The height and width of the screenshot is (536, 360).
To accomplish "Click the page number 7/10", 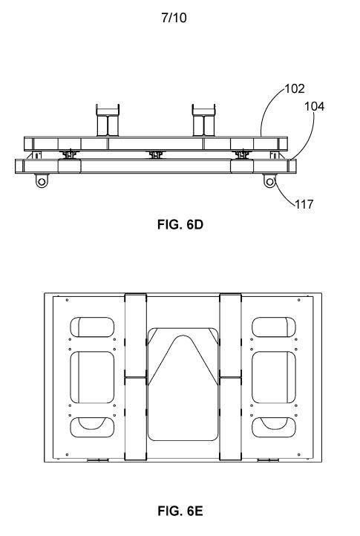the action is [174, 18].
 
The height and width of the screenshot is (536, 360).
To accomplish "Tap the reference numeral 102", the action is [295, 89].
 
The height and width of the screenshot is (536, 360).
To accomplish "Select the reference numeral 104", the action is [315, 107].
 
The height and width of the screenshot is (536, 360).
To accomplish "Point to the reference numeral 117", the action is [304, 204].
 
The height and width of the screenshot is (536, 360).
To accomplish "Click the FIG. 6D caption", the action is [180, 225].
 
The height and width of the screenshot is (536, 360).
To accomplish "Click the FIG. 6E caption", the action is [180, 511].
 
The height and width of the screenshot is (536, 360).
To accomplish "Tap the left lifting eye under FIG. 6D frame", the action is [42, 180].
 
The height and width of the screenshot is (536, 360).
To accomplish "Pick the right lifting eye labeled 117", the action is [269, 180].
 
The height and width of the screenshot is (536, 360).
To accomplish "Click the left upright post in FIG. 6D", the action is [108, 120].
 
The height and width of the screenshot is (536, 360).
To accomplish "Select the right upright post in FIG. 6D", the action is [204, 120].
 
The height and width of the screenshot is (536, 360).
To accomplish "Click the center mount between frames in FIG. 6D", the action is [156, 155].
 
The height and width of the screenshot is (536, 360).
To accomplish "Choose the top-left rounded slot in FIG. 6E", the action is [92, 327].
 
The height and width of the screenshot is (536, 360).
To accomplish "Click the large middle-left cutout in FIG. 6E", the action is [92, 377].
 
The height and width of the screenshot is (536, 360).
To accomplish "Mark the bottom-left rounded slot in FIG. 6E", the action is [92, 427].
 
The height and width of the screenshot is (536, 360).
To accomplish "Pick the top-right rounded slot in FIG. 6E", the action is [274, 327].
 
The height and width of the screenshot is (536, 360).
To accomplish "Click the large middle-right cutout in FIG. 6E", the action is [274, 377].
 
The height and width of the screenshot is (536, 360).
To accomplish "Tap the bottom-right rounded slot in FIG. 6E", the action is [274, 427].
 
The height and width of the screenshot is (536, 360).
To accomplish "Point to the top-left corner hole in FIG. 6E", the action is [67, 300].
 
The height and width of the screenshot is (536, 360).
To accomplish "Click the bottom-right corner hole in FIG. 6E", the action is [299, 454].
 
